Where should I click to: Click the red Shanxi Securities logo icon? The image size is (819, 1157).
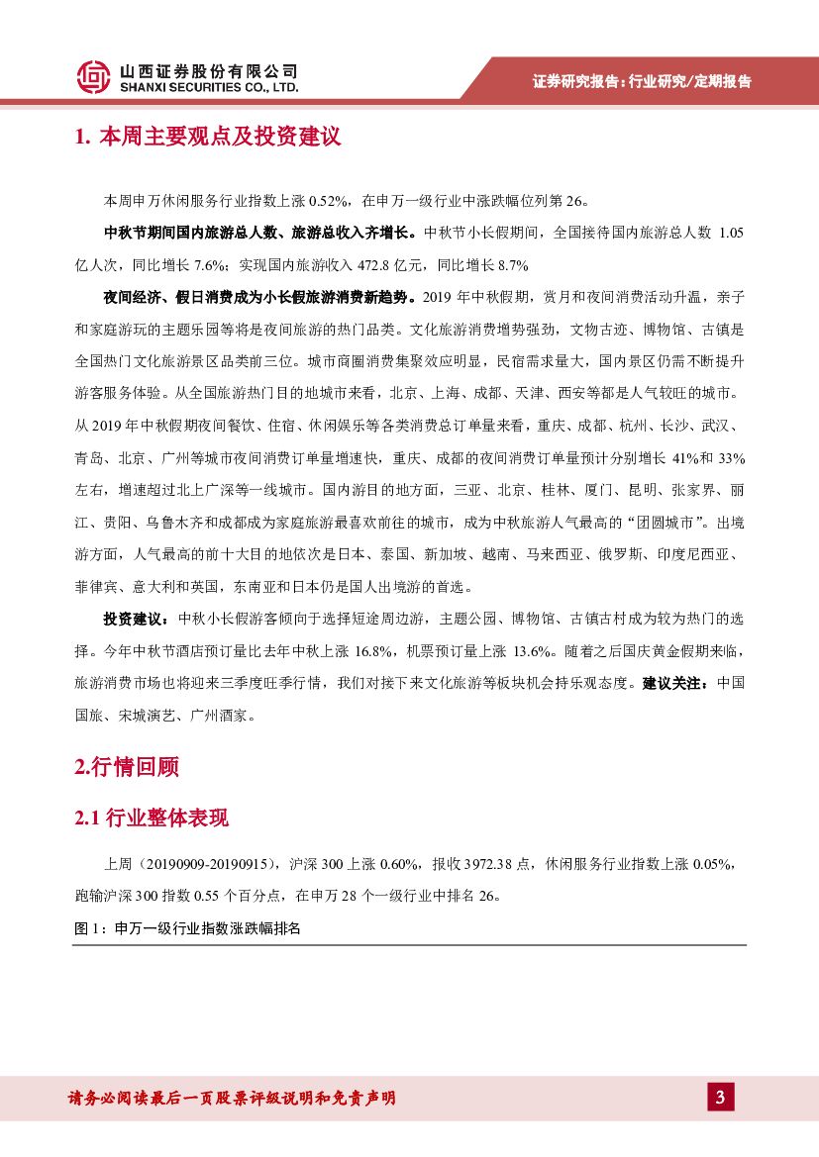pos(93,77)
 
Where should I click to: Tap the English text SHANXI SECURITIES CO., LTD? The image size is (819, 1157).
pos(208,87)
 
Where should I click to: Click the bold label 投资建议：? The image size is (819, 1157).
pos(137,619)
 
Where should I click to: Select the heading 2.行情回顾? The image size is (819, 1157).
pos(126,767)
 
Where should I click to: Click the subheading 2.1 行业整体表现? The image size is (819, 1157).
pos(152,818)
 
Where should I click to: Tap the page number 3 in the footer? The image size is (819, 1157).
pos(719,1098)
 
